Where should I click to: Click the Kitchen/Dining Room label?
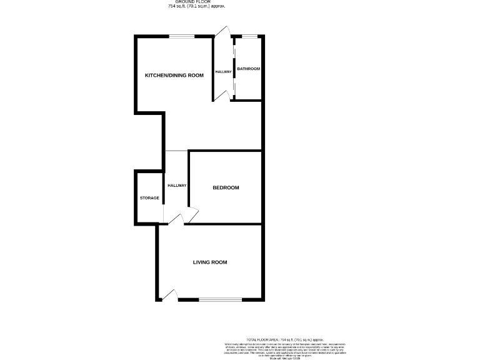pyautogui.click(x=174, y=76)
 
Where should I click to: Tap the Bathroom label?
pyautogui.click(x=248, y=69)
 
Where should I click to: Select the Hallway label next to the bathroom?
pyautogui.click(x=224, y=72)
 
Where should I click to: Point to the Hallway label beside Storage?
pyautogui.click(x=177, y=186)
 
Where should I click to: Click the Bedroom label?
pyautogui.click(x=226, y=188)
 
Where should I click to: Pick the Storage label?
pyautogui.click(x=149, y=198)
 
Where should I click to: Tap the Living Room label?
pyautogui.click(x=209, y=262)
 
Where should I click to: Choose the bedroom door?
pyautogui.click(x=192, y=214)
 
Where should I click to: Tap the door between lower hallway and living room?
pyautogui.click(x=176, y=219)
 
